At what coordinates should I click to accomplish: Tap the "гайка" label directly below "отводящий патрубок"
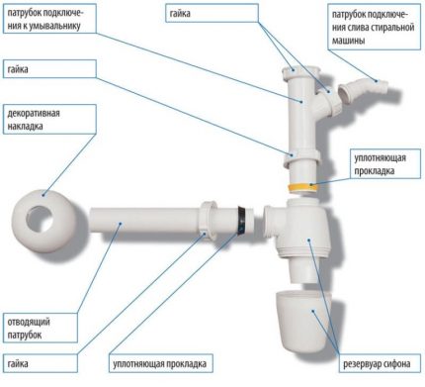click(25, 363)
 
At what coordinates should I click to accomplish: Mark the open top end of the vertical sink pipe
click(293, 72)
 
